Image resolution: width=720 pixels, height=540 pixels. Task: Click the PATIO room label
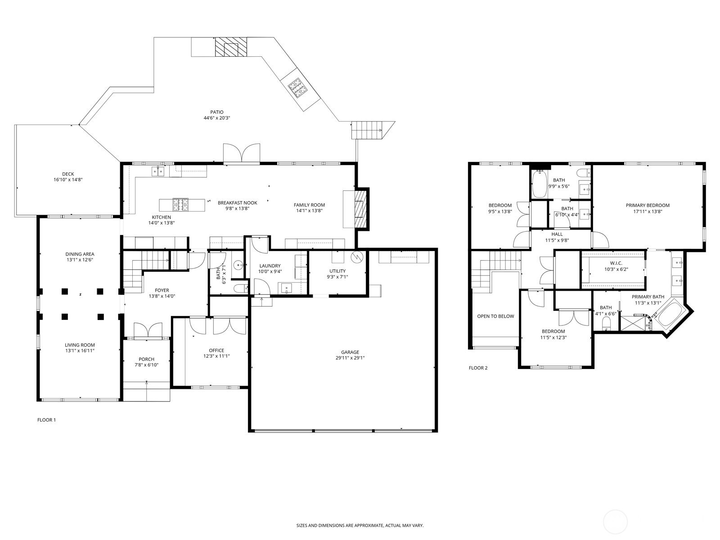(217, 112)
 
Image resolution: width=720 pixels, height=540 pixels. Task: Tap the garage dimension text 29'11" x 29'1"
(350, 358)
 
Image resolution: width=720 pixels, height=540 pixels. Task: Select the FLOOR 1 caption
(47, 420)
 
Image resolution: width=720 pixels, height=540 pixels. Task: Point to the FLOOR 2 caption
(478, 368)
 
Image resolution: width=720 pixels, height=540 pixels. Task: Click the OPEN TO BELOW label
(495, 316)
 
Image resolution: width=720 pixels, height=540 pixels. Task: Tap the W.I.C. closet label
(616, 263)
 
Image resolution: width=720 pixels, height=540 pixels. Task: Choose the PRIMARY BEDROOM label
(648, 206)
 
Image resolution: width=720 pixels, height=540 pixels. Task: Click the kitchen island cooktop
(181, 205)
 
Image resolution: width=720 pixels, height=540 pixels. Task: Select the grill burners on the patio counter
(297, 88)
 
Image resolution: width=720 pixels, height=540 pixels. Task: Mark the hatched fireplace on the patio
(230, 46)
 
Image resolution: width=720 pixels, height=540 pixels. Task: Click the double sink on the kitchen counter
(158, 171)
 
